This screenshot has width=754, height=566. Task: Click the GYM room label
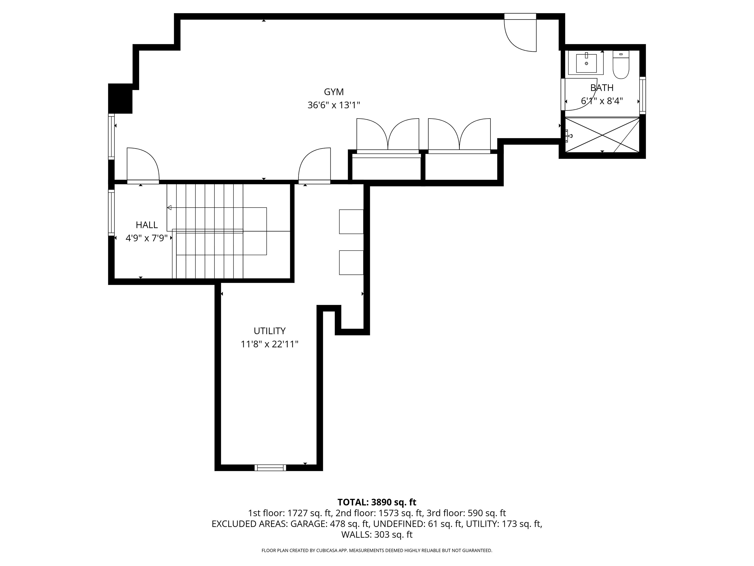tap(333, 92)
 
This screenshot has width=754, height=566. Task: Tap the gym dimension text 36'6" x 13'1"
tap(333, 105)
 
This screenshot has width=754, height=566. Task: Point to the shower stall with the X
tap(602, 135)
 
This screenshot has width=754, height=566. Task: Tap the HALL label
tap(147, 225)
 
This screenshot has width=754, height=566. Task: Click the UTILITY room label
tap(269, 331)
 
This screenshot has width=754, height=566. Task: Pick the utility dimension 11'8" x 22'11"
tap(269, 344)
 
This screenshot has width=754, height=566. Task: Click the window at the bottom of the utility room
tap(270, 468)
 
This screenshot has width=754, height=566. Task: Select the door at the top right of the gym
tap(520, 34)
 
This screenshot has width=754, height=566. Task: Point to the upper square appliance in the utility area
tap(351, 222)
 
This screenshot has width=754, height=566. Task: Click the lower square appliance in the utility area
tap(351, 262)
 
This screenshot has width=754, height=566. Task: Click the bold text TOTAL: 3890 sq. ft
tap(377, 502)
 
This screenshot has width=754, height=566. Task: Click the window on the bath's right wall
tap(642, 95)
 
